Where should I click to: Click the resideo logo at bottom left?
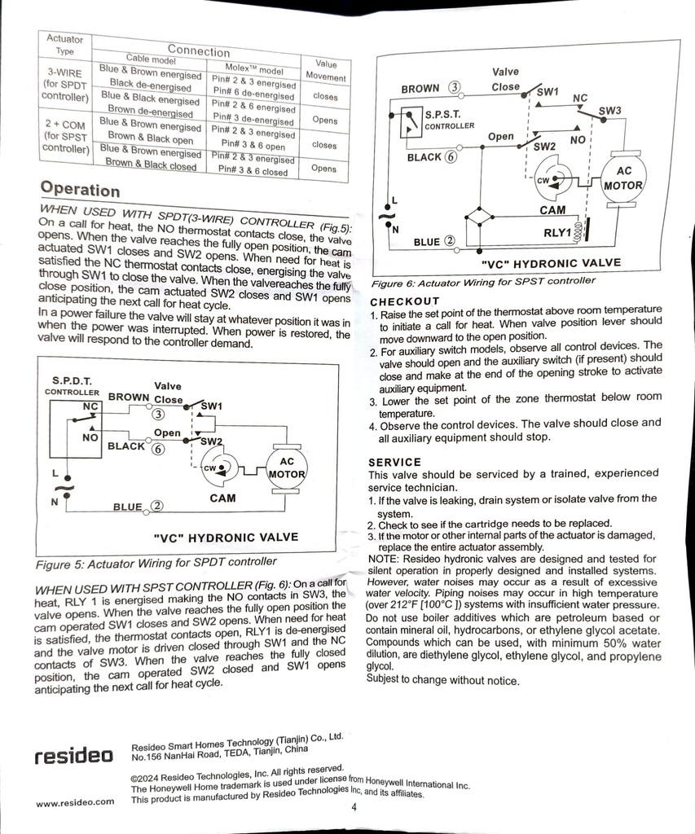coord(74,755)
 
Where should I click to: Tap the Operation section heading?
coord(81,189)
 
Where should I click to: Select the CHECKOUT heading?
coord(405,301)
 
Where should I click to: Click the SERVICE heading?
coord(394,463)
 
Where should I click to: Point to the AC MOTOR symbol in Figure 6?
coord(622,178)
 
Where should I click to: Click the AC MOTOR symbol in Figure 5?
coord(286,468)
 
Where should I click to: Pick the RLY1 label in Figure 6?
coord(557,232)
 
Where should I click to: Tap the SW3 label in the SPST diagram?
coord(609,111)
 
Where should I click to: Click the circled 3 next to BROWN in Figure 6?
coord(454,87)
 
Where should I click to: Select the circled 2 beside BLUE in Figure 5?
coord(157,506)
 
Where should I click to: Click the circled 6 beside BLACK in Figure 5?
coord(158,449)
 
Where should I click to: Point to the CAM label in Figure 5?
coord(222,498)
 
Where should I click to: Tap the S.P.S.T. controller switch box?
coord(411,122)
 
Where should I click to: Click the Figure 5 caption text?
coord(156,563)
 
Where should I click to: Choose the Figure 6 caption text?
coord(483,281)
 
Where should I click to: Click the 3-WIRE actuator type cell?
coord(65,85)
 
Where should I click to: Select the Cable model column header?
coord(151,59)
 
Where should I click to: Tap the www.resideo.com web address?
coord(75,802)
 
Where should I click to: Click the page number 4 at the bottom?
coord(354,807)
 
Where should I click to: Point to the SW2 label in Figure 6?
coord(544,147)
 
